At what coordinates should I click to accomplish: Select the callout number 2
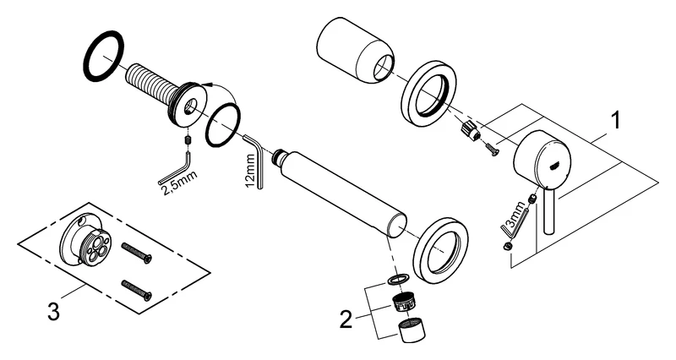click(346, 319)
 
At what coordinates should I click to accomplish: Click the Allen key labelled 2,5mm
click(185, 164)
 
